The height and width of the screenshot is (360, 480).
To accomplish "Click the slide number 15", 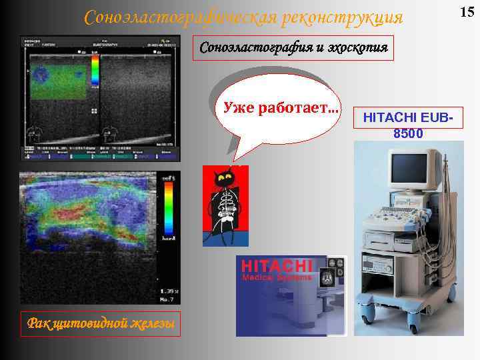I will [x=468, y=11].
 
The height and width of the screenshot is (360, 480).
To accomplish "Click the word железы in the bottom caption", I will [x=152, y=324].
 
